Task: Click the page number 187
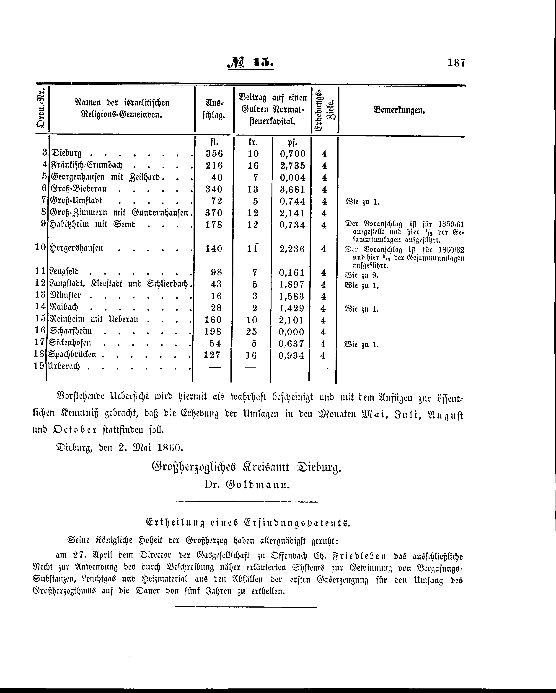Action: tap(456, 62)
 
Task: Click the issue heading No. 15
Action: tap(251, 63)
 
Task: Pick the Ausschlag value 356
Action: tap(214, 153)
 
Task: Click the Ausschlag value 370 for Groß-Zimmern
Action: tap(214, 213)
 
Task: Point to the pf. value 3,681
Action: tap(292, 189)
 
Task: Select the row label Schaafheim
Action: tap(71, 331)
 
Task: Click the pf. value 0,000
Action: tap(291, 332)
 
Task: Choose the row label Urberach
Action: tap(64, 366)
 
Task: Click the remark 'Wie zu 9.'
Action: tap(361, 275)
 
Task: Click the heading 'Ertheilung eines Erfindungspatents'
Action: tap(248, 523)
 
